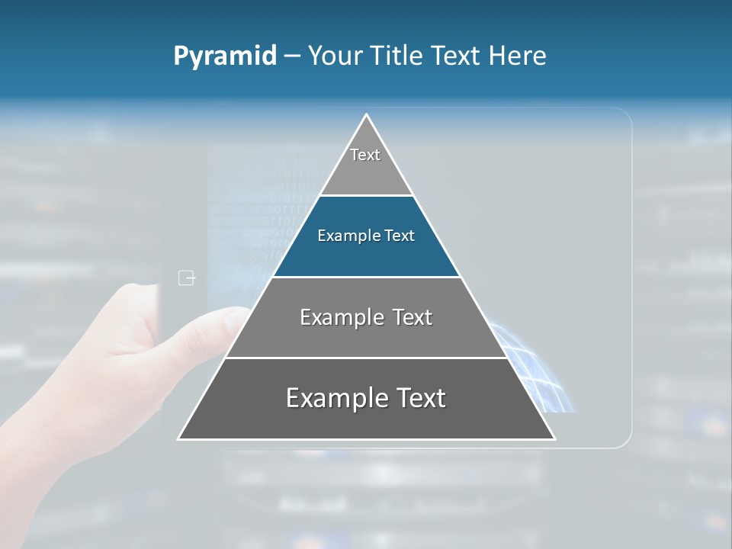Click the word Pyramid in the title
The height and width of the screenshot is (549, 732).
(225, 56)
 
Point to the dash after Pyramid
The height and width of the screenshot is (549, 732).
(292, 56)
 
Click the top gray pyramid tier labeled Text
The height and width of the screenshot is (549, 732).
(365, 164)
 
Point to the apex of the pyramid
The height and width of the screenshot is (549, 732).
(367, 116)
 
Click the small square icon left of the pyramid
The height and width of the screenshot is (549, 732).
(187, 278)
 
